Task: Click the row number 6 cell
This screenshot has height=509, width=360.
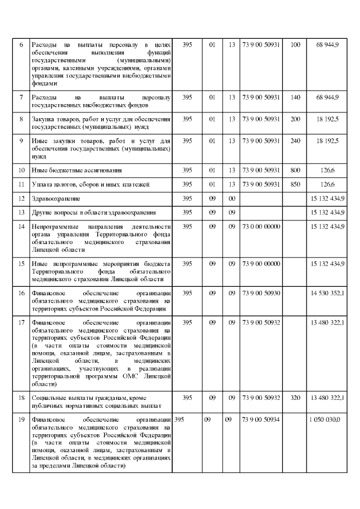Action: [x=21, y=44]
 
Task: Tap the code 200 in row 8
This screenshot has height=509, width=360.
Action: [x=295, y=119]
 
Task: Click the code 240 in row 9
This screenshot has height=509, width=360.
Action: [x=295, y=140]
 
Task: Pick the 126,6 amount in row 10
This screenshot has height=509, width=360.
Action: [x=327, y=169]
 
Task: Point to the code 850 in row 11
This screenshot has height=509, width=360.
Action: [x=295, y=184]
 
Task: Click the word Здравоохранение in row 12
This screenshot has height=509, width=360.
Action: [x=56, y=199]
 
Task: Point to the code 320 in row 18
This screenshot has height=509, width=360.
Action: [x=295, y=398]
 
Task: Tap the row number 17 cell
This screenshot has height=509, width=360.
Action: [x=21, y=322]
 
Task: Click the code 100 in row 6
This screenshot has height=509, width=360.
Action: [x=295, y=44]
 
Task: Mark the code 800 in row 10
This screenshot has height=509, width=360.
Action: [x=295, y=169]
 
